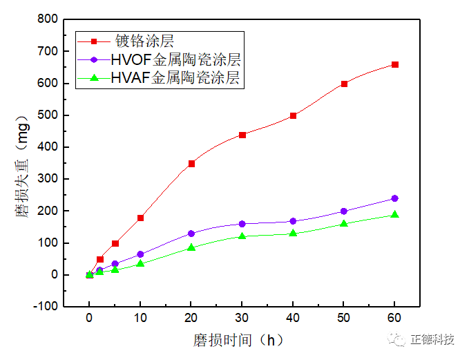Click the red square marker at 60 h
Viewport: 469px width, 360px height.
coord(395,64)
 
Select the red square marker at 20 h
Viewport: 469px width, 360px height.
coord(191,164)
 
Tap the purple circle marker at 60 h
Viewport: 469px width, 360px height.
coord(395,198)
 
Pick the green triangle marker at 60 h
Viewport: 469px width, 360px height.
coord(395,214)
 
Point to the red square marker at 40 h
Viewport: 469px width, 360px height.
coord(294,115)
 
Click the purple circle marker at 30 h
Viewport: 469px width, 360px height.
coord(242,224)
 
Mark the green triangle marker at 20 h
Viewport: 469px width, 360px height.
coord(191,247)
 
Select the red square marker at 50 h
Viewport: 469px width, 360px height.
coord(344,84)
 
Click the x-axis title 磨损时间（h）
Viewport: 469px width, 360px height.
coord(239,340)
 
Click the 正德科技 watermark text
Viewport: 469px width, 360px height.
coord(432,339)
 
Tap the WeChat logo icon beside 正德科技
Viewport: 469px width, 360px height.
coord(398,339)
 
